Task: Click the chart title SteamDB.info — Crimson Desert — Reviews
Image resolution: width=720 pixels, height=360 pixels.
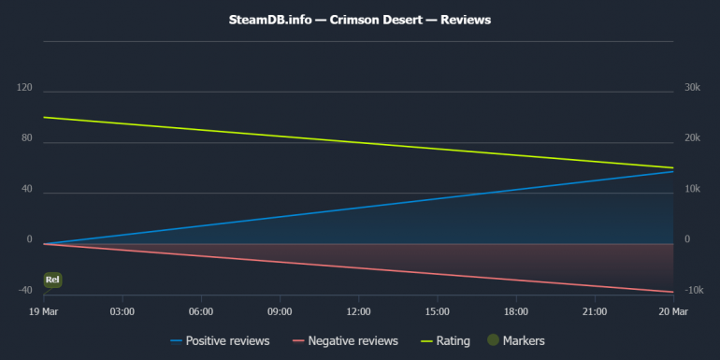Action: tap(360, 19)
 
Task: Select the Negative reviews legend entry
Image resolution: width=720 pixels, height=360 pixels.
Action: tap(345, 340)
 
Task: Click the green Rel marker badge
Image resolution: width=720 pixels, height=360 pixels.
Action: tap(53, 280)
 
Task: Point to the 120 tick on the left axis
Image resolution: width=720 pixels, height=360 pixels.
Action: tap(24, 88)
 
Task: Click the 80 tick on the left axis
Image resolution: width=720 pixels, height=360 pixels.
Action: tap(26, 138)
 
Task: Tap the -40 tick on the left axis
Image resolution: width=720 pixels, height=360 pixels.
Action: tap(24, 290)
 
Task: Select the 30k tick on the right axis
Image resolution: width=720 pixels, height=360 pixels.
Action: tap(693, 88)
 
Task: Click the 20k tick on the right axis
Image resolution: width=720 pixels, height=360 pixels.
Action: tap(693, 138)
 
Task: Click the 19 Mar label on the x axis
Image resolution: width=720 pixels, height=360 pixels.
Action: tap(43, 310)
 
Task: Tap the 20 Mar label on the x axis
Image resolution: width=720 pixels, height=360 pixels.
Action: tap(673, 310)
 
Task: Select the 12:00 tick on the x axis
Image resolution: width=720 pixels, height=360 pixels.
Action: tap(358, 310)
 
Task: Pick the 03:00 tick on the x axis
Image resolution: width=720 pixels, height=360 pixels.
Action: tap(122, 310)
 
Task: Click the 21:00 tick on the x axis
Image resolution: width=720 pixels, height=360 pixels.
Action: tap(595, 310)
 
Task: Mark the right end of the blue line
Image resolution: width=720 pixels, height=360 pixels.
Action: tap(673, 171)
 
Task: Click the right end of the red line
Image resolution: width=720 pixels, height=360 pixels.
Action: tap(673, 292)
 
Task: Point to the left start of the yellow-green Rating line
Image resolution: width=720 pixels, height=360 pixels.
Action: tap(44, 118)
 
